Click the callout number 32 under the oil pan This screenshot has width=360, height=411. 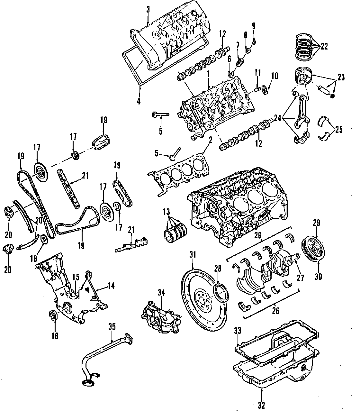pyautogui.click(x=261, y=405)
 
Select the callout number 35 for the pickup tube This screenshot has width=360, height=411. pyautogui.click(x=112, y=327)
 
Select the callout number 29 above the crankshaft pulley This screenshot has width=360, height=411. pyautogui.click(x=316, y=223)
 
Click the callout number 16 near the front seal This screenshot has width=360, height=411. pyautogui.click(x=55, y=336)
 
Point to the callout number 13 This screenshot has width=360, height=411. pyautogui.click(x=166, y=212)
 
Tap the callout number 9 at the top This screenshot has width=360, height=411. pyautogui.click(x=254, y=26)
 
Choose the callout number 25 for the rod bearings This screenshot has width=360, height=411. pyautogui.click(x=339, y=129)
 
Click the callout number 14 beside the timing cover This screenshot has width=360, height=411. pyautogui.click(x=111, y=286)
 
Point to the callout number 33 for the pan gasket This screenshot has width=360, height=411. pyautogui.click(x=238, y=331)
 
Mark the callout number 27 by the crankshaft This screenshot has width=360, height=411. pyautogui.click(x=300, y=278)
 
